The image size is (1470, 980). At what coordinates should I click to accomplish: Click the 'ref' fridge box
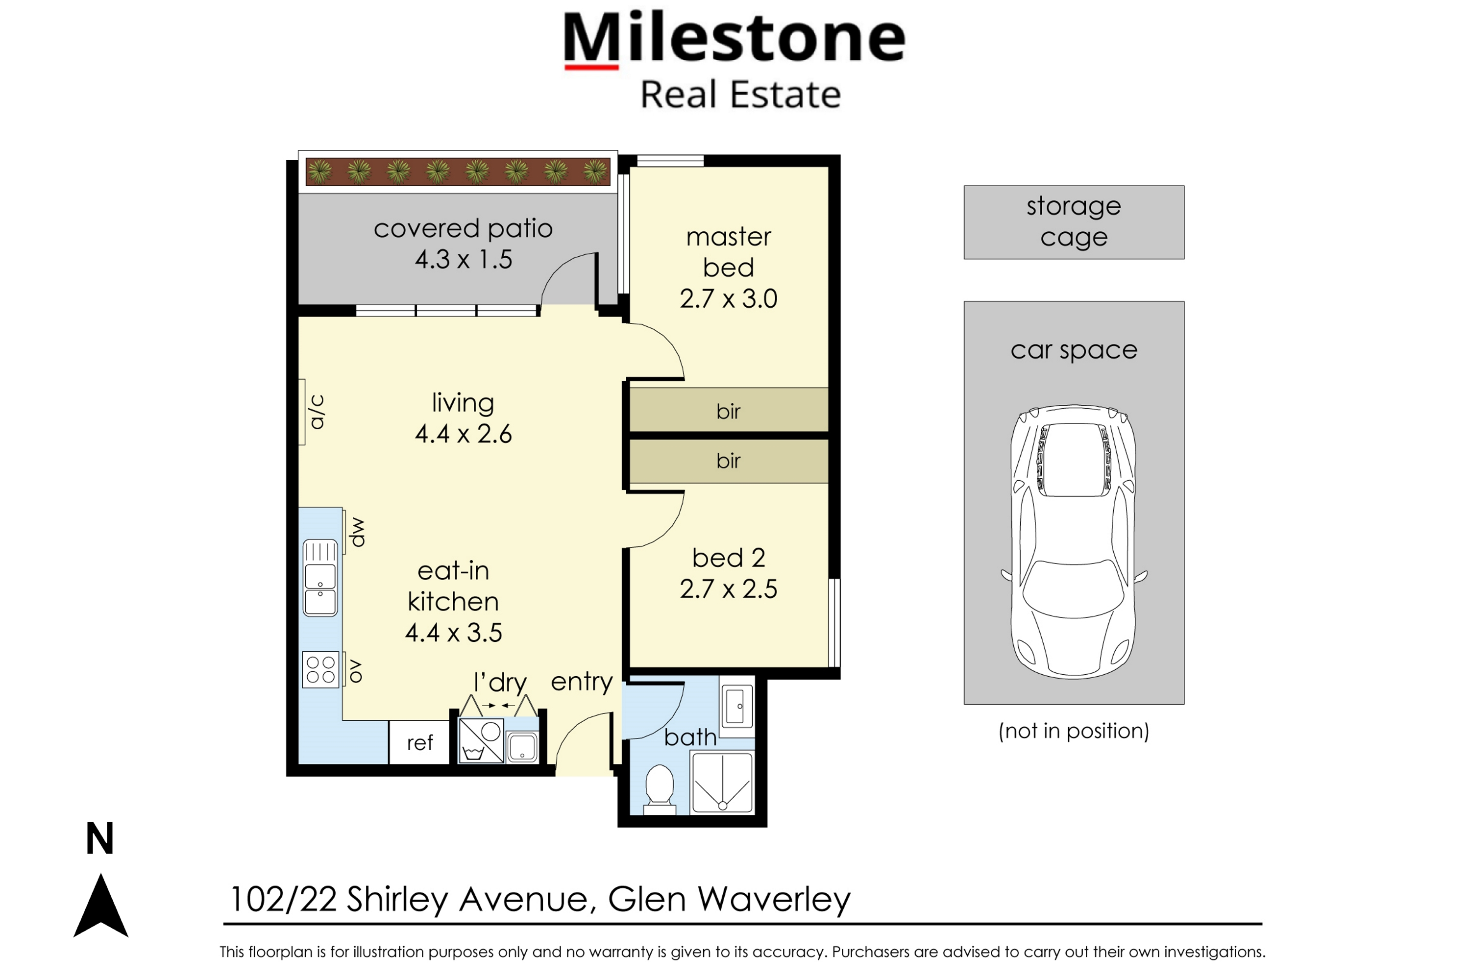419,742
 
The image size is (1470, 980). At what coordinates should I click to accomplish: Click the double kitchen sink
320,578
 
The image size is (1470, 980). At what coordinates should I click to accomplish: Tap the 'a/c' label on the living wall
317,412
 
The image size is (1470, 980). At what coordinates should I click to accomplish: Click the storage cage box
1073,222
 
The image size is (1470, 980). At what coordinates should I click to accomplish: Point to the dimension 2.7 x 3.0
728,299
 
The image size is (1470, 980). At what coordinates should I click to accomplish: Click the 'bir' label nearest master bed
728,411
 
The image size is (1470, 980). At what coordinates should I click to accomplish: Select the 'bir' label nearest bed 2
728,461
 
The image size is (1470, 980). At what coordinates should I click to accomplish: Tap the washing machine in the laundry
481,740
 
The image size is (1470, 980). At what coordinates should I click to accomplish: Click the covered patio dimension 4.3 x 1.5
463,259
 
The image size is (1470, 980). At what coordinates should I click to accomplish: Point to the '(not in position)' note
1073,731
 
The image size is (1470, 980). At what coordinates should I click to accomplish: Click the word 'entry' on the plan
581,682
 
